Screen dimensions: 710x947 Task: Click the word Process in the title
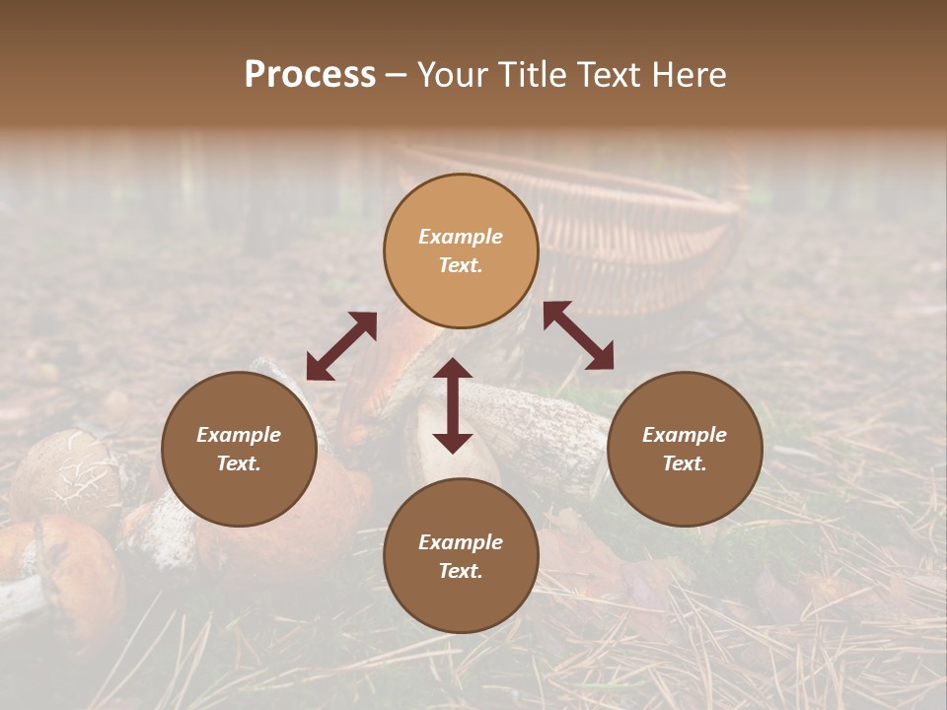click(x=310, y=75)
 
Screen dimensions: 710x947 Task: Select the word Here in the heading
click(x=687, y=75)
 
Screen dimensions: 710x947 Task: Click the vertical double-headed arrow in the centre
click(x=453, y=405)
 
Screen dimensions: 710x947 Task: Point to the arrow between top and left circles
click(x=341, y=346)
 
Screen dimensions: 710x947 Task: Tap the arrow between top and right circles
click(x=578, y=335)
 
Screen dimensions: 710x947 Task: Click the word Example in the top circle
click(x=461, y=237)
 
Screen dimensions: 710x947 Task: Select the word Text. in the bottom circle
click(x=461, y=571)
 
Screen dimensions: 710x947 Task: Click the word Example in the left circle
click(x=239, y=435)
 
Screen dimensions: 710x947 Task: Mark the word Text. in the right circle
click(x=685, y=463)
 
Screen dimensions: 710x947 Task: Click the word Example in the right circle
click(x=685, y=435)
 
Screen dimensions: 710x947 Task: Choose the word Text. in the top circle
click(x=461, y=265)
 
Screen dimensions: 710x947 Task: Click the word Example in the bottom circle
click(x=461, y=542)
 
